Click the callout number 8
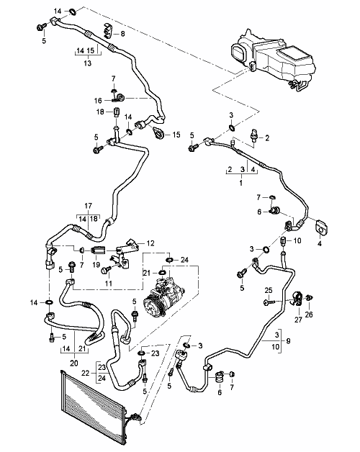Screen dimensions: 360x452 coord(123,34)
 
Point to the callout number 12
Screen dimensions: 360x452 coord(150,243)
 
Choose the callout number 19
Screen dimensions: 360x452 coord(96,264)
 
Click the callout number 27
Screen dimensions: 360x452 coord(298,320)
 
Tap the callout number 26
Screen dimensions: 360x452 coord(309,315)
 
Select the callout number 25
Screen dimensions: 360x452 coord(269,290)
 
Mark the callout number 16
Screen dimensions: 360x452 coord(98,100)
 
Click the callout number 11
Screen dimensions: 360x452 coord(108,284)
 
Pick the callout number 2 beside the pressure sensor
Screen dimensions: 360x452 coord(267,138)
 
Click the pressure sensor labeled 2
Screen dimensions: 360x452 coord(254,137)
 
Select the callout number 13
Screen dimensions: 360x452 coord(88,63)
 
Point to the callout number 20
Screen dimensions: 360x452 coord(74,363)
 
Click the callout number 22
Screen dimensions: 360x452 coord(86,373)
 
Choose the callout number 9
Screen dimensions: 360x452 coord(288,341)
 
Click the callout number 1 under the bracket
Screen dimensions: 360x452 coord(241,183)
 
